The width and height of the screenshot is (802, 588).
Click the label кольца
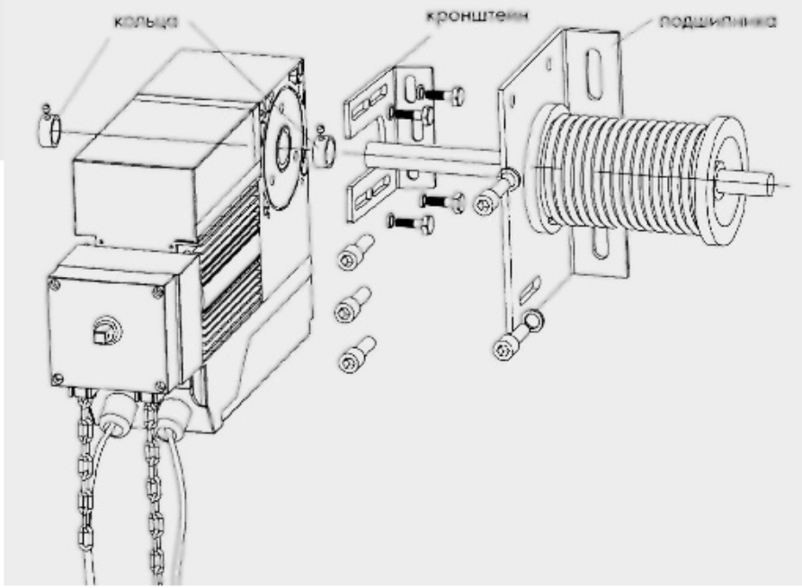point(146,21)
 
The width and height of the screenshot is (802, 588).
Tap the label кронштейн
point(477,16)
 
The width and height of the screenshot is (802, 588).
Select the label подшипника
point(717,22)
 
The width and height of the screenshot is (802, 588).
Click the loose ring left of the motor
point(49,129)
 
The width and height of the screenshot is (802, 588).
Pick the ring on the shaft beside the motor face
point(325,152)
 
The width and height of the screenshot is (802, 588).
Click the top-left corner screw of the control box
point(55,284)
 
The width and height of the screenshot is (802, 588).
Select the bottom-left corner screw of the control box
point(58,379)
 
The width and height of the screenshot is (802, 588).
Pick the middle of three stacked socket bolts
point(352,305)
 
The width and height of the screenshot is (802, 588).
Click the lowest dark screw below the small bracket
point(411,224)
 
